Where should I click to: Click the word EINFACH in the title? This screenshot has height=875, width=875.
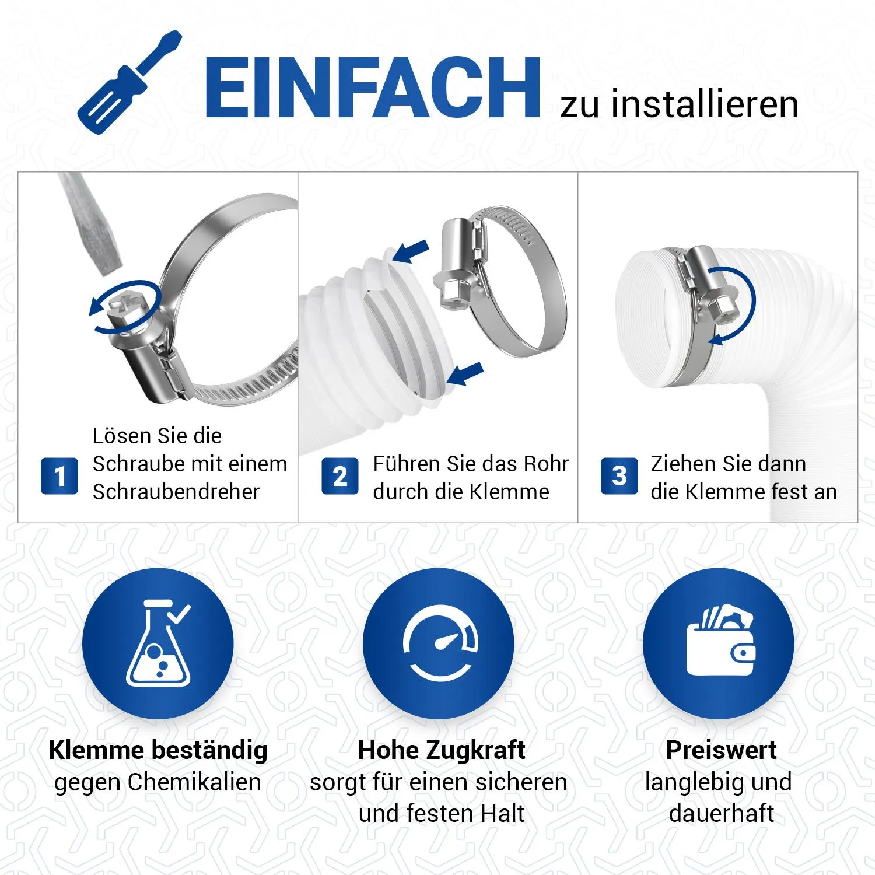[373, 88]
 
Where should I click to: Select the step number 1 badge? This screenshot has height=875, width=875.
[59, 476]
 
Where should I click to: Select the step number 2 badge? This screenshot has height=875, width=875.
[340, 476]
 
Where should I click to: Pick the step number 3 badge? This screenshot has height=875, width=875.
[619, 476]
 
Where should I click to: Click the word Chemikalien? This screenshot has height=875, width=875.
[194, 782]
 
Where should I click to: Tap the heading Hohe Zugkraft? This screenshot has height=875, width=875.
[442, 750]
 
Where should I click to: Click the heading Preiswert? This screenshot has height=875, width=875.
[721, 750]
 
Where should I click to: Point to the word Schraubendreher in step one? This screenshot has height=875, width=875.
[176, 492]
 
